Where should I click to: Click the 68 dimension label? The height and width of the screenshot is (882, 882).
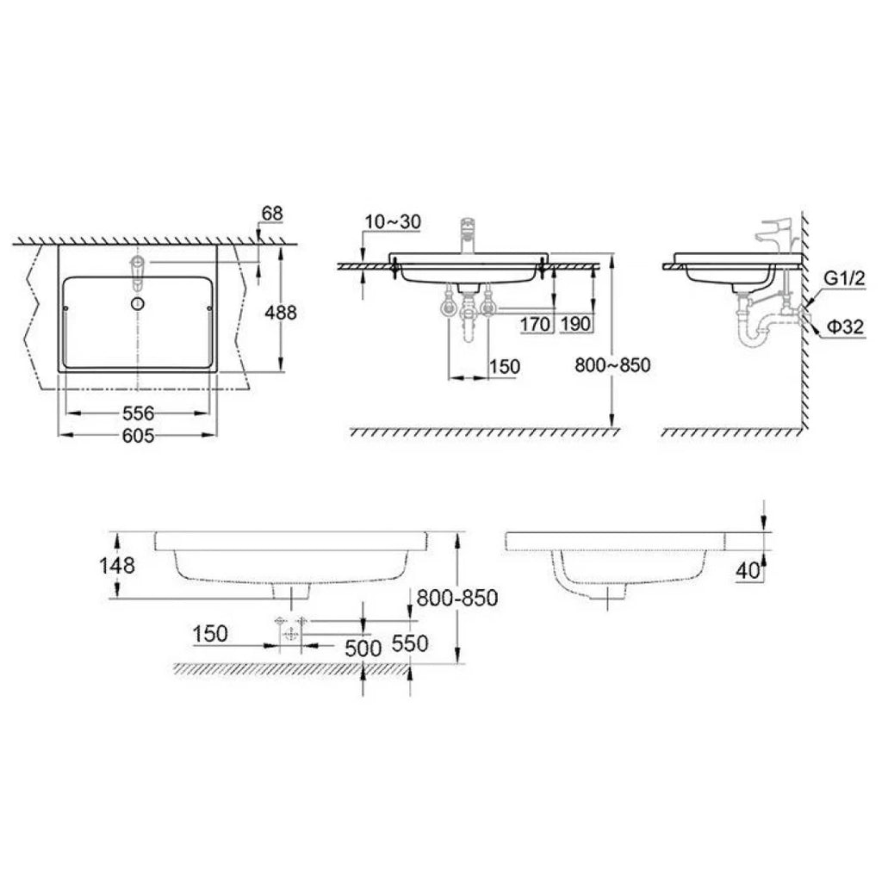[272, 214]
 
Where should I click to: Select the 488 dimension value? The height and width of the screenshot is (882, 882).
[280, 312]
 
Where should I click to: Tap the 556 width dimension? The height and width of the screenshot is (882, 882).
[138, 413]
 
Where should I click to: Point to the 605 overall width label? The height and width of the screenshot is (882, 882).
[138, 435]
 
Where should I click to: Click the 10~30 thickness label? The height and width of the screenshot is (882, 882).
[393, 222]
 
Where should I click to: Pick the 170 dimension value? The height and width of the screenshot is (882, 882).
[534, 324]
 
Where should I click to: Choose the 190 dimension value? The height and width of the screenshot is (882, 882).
[575, 324]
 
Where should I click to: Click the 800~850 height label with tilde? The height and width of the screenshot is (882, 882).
[612, 365]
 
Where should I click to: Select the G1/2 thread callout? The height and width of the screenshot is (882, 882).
[844, 278]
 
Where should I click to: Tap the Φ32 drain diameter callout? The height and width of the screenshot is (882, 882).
[845, 326]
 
